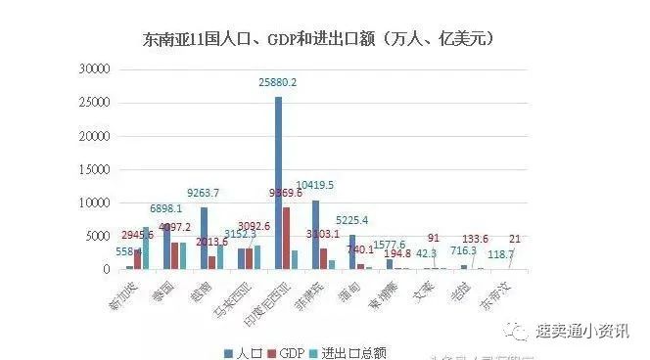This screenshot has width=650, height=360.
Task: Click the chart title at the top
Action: point(317,40)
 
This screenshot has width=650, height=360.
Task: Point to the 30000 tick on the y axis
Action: point(96,70)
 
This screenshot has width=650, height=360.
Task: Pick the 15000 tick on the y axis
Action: point(96,170)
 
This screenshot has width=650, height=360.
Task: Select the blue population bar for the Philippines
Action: point(315,234)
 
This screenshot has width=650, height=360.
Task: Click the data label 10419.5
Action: point(315,185)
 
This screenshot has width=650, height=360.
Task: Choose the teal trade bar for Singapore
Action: point(146,247)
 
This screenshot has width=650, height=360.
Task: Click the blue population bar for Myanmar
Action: point(352,251)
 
